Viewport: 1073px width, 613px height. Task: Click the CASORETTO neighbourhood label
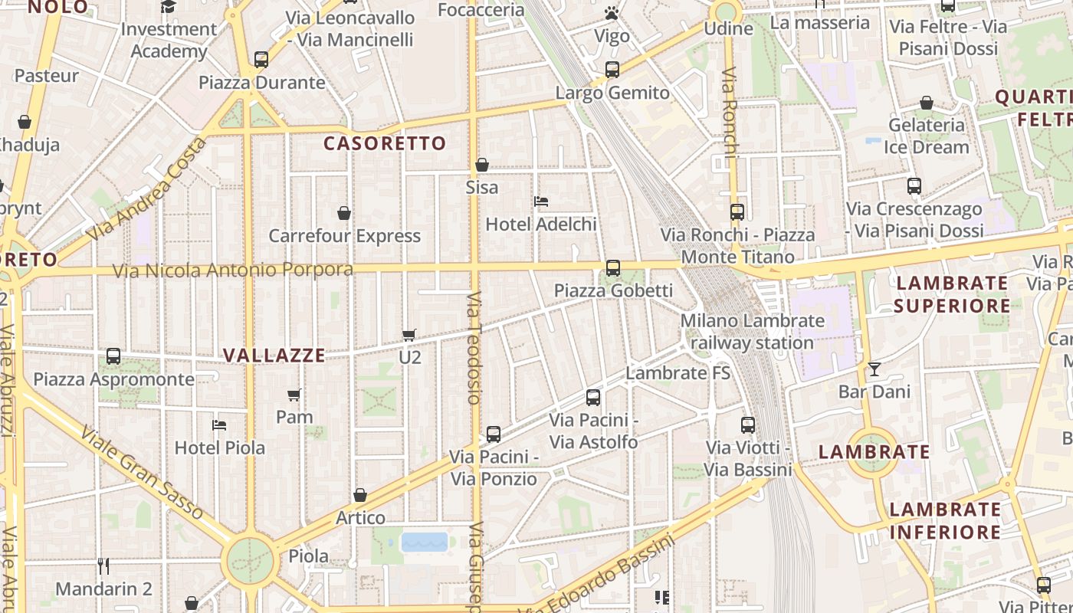pos(384,143)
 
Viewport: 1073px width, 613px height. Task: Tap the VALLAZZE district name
pos(274,355)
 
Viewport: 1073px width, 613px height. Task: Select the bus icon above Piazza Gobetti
pos(613,268)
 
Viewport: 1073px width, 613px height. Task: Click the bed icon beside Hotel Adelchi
pos(541,202)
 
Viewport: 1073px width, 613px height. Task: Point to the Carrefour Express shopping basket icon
pos(344,213)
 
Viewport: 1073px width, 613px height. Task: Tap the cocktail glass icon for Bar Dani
pos(874,369)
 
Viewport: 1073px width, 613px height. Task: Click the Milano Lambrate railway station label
pos(752,331)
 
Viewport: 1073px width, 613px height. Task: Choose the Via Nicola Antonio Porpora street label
pos(233,270)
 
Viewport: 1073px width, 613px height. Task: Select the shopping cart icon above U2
pos(409,335)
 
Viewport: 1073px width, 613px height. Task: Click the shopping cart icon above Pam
pos(294,395)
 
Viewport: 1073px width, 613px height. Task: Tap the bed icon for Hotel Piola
pos(219,425)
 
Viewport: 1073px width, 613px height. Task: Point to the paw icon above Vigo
pos(611,13)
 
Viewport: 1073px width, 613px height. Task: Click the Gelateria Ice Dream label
pos(927,136)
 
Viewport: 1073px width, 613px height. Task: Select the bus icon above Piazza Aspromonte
pos(113,356)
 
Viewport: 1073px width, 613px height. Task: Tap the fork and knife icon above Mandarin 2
pos(103,566)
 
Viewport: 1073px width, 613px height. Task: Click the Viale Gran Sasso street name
pos(142,474)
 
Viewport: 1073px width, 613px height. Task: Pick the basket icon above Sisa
pos(482,165)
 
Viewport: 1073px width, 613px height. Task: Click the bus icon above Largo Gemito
pos(612,70)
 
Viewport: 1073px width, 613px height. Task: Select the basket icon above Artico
pos(360,496)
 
